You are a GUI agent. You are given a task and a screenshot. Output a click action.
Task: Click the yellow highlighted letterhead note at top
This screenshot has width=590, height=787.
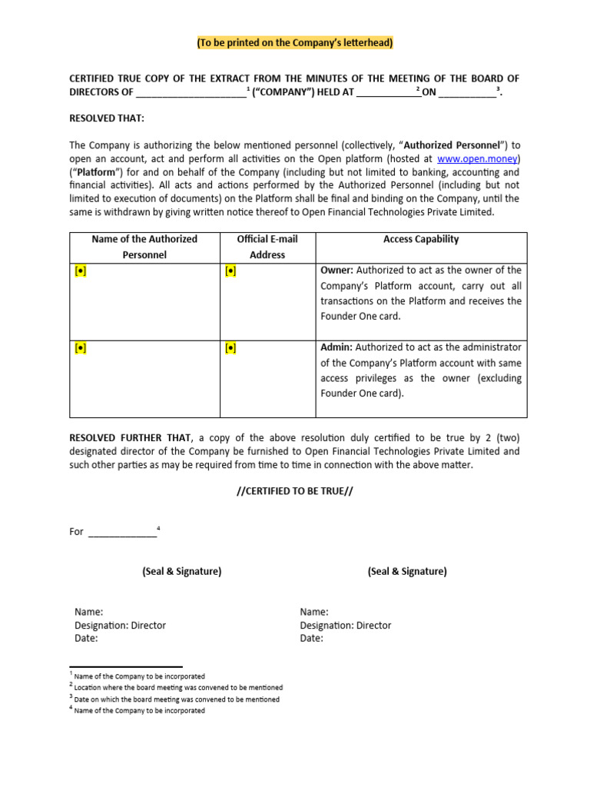pos(295,43)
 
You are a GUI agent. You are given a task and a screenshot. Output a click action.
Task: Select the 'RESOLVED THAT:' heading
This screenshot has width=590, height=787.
pos(107,118)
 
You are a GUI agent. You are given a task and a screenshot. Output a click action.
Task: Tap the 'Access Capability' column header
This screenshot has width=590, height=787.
pos(420,239)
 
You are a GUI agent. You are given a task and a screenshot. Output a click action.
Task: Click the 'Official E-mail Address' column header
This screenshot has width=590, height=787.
pos(267,247)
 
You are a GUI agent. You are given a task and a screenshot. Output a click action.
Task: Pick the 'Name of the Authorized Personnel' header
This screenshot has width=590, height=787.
pos(144,247)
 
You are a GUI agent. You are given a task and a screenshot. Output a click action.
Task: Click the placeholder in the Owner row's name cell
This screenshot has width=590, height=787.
pos(81,271)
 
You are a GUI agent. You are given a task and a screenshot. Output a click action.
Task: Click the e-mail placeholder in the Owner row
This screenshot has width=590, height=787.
pos(230,271)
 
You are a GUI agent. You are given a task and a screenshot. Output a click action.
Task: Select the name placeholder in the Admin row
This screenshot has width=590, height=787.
pos(81,348)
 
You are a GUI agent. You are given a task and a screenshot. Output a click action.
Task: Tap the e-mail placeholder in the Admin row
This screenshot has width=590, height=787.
pos(230,348)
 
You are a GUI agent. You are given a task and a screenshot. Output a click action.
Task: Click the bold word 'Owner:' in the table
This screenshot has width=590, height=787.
pos(336,271)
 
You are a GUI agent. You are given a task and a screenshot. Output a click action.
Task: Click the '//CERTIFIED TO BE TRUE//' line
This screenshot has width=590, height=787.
pos(295,491)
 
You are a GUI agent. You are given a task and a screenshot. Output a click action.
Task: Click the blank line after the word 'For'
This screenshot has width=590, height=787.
pos(122,532)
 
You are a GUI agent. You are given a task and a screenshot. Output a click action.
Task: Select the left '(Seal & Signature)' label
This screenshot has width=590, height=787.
pos(181,571)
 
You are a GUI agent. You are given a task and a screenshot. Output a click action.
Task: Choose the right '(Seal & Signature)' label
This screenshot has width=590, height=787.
pos(407,571)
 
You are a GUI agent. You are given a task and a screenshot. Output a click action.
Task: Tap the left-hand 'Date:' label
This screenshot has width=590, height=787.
pos(87,638)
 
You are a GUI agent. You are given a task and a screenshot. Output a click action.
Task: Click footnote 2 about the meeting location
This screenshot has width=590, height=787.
pos(176,687)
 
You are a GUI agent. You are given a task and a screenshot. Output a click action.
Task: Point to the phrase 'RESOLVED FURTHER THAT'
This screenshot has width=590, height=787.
pos(127,437)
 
